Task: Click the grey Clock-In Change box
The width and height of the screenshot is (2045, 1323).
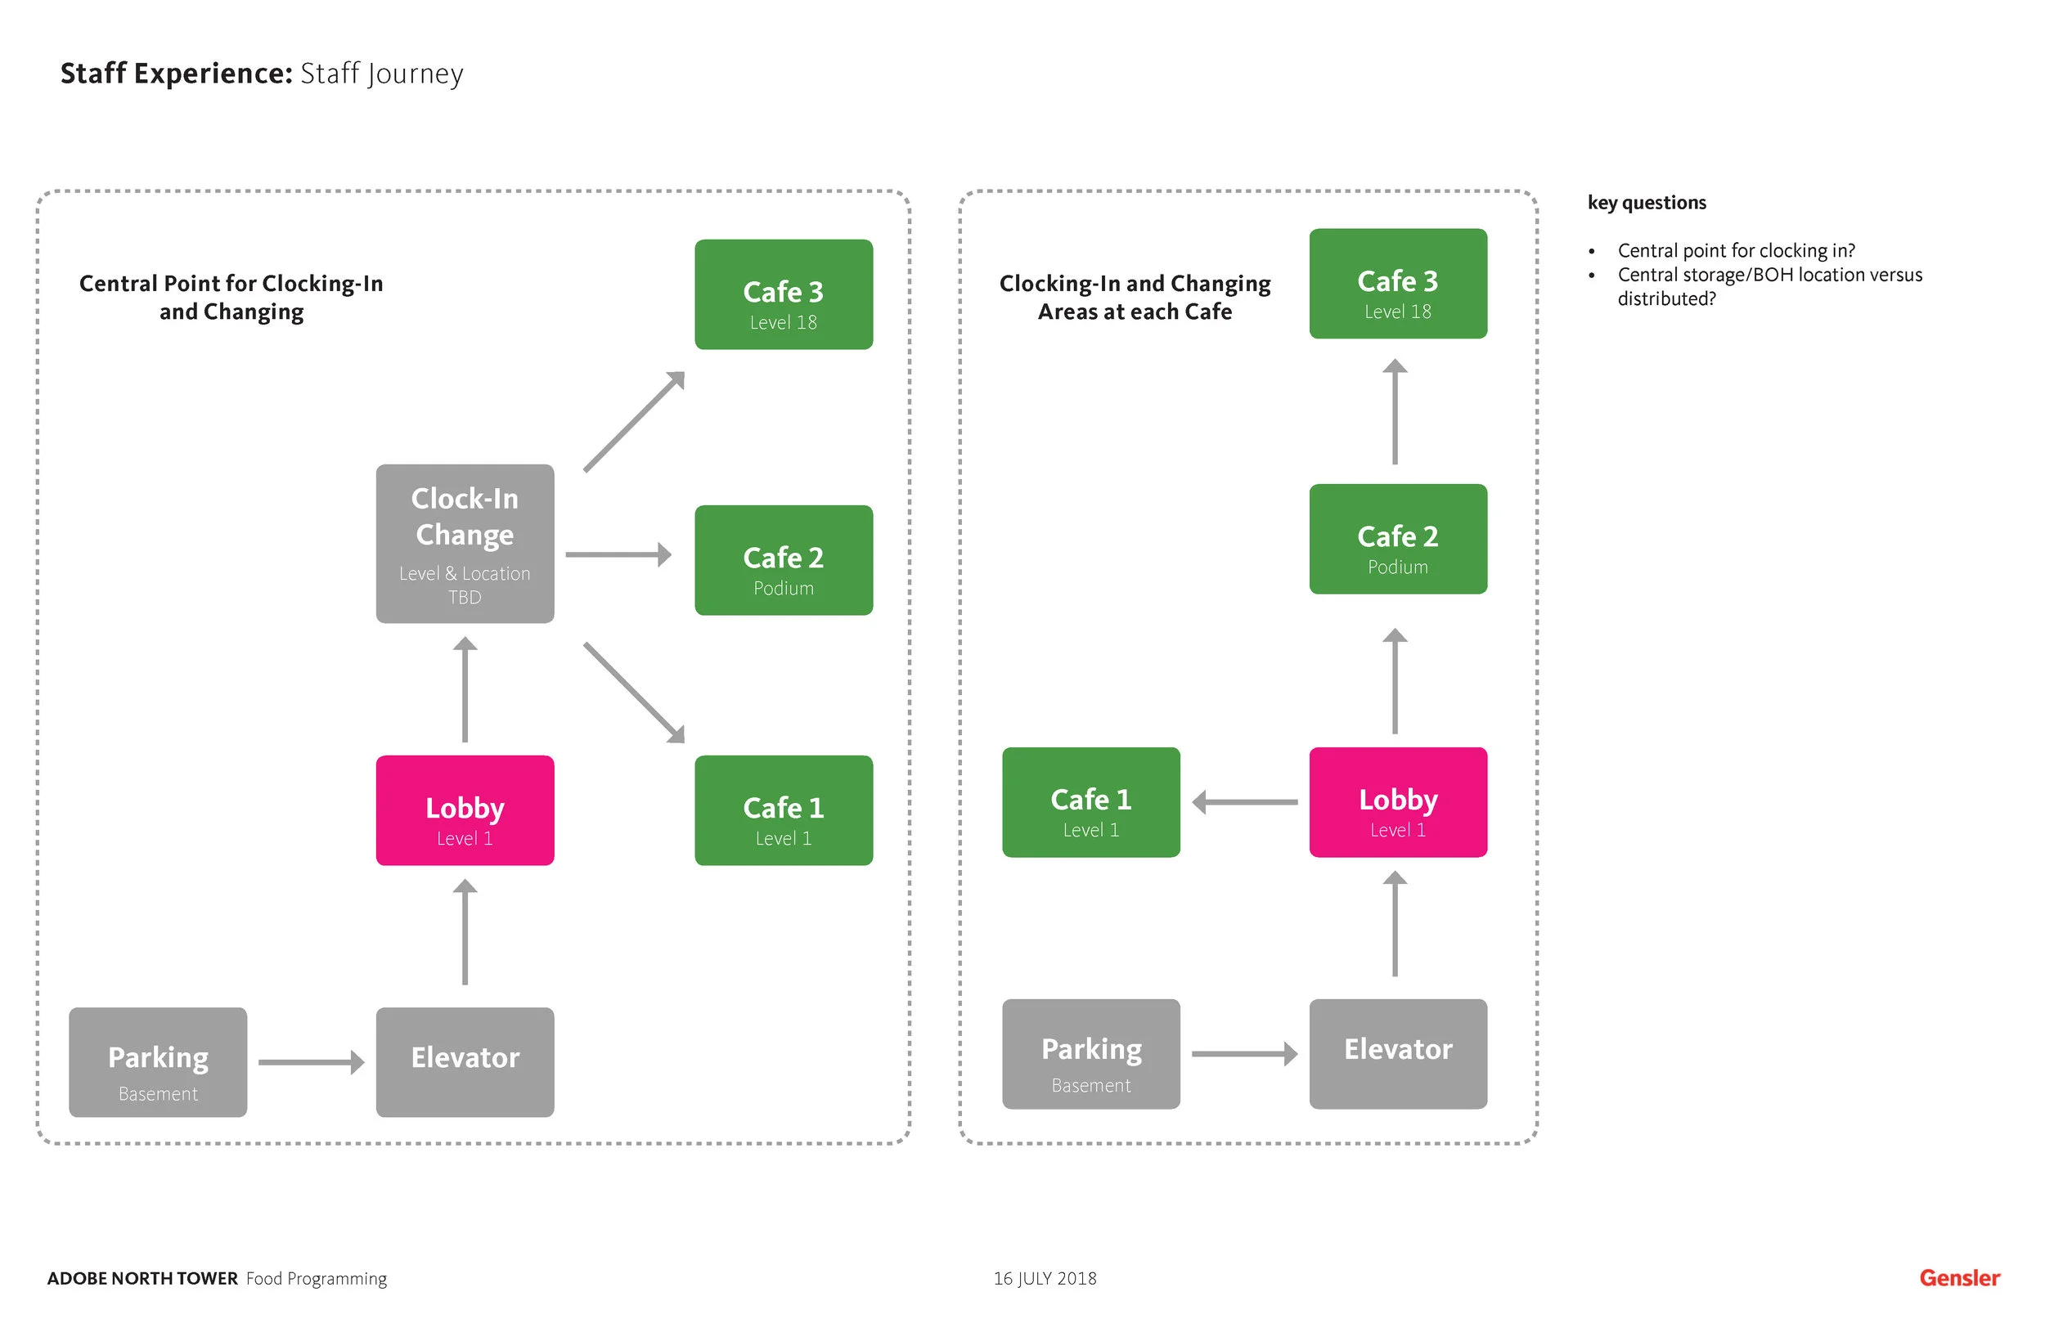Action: click(465, 544)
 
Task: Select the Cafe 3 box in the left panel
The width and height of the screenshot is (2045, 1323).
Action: click(784, 294)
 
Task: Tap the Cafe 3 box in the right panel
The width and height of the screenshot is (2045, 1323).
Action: click(1398, 284)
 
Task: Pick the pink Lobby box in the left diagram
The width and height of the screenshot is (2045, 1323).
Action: click(465, 810)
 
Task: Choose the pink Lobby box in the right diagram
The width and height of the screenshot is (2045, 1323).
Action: click(1398, 802)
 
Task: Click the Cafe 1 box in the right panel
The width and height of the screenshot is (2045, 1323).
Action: click(1090, 802)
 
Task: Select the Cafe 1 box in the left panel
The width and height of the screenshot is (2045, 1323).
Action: click(784, 810)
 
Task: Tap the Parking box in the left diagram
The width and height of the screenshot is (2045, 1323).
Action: click(158, 1063)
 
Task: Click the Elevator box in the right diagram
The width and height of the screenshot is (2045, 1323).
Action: click(1398, 1054)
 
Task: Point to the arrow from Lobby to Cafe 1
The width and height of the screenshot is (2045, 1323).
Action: click(1245, 802)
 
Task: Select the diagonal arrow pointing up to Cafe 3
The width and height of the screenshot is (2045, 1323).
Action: click(634, 422)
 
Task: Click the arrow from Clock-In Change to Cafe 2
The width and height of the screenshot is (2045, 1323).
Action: click(618, 555)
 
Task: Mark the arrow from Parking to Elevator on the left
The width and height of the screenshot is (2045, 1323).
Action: click(311, 1063)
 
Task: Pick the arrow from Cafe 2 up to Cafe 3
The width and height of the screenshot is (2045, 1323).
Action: click(1395, 411)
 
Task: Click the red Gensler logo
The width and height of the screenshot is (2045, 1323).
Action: click(1959, 1278)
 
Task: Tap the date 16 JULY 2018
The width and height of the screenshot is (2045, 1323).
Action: click(1045, 1278)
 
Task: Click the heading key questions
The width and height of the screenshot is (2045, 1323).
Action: click(1647, 203)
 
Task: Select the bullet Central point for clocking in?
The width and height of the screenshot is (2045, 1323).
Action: click(1736, 251)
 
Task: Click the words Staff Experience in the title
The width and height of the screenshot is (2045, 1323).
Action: click(176, 73)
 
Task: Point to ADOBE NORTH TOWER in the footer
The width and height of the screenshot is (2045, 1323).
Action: click(142, 1278)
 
